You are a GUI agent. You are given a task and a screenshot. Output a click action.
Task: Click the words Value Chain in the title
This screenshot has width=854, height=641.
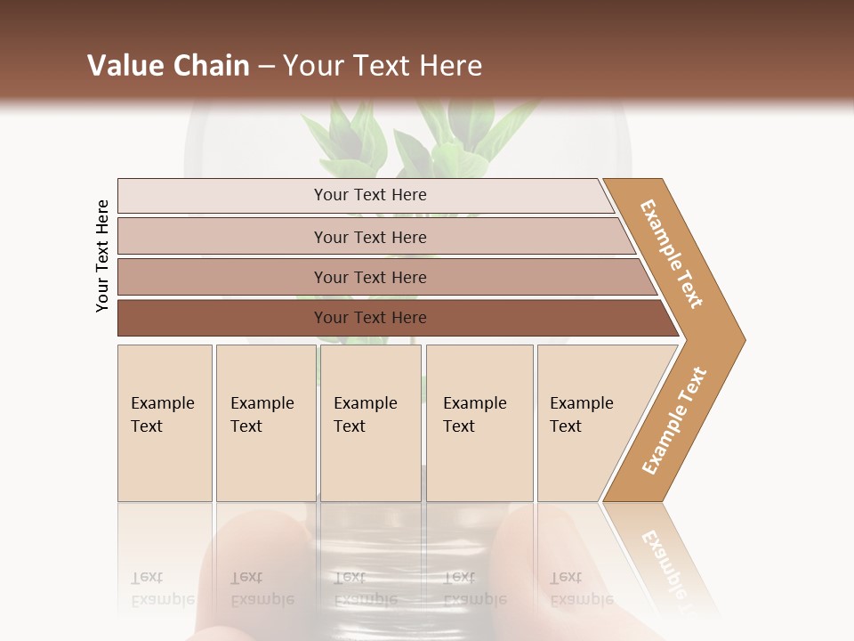168,66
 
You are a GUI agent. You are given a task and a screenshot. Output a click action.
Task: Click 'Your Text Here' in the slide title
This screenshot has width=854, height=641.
383,66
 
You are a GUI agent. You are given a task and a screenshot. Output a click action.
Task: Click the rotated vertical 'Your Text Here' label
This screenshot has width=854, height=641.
102,256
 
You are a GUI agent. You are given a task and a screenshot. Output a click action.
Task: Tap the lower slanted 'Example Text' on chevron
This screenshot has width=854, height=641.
674,420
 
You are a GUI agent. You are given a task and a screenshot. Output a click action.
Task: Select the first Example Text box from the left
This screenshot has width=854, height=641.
165,423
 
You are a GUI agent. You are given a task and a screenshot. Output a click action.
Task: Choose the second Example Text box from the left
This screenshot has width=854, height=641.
265,423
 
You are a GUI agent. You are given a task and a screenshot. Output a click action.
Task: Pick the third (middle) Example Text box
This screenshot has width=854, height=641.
370,423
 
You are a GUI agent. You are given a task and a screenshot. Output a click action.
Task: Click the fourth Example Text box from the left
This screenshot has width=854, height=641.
479,423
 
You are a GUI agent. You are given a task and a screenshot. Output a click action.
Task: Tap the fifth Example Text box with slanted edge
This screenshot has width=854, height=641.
587,423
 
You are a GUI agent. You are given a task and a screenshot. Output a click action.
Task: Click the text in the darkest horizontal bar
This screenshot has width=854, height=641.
370,318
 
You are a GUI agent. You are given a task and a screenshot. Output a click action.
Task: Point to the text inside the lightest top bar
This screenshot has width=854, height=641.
370,195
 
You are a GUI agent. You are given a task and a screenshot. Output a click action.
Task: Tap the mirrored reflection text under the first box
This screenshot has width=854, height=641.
162,588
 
